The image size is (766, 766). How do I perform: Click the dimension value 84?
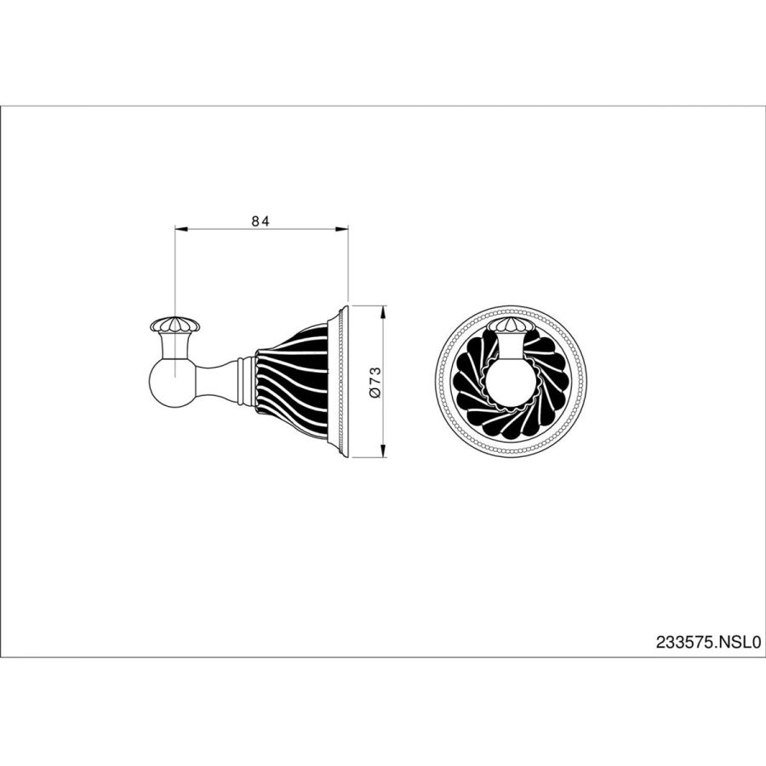coord(260,220)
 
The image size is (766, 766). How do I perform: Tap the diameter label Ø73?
coord(375,382)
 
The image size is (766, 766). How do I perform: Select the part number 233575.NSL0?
coord(708,642)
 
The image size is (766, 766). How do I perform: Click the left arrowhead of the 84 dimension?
coord(181,228)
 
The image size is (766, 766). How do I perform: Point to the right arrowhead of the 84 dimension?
coord(341,228)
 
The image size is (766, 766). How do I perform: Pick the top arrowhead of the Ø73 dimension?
coord(384,312)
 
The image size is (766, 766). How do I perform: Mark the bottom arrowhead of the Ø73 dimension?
coord(384,451)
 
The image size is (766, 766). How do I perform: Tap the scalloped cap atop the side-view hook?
coord(174,323)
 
